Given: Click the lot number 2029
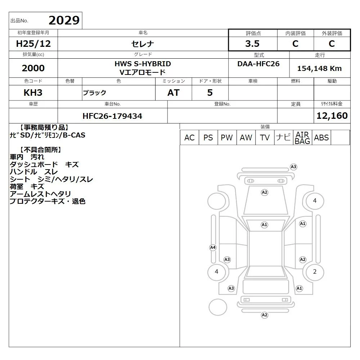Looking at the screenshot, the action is pos(64,21).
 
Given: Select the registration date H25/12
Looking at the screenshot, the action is pos(33,44).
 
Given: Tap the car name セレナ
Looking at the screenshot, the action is pos(143,44).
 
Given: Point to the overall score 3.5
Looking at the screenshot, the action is pos(252,44).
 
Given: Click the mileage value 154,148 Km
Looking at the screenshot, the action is pos(319,68).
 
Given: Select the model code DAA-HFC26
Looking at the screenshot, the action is pos(258,64).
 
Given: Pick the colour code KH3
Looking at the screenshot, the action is pos(33,93).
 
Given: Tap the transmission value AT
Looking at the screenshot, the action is pos(174,93).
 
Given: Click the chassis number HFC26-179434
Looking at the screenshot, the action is pos(112,116).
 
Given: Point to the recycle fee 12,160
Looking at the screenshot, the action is pos(332,116).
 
